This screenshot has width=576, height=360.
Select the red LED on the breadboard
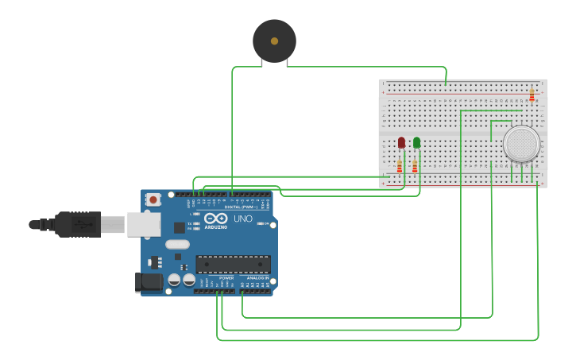[401, 142]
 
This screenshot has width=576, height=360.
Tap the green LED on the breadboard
[416, 142]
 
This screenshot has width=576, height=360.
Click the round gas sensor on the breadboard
[521, 144]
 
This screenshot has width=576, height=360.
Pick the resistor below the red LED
[400, 166]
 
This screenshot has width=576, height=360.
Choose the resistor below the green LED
[415, 166]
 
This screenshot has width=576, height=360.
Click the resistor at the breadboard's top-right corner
[532, 95]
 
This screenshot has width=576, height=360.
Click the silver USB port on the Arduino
[143, 225]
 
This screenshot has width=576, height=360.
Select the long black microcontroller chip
[233, 264]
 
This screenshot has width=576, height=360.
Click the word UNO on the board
[243, 219]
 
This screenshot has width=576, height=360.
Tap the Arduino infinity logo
[215, 218]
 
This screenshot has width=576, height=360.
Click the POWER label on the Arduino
[215, 278]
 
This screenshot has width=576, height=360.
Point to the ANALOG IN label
[257, 278]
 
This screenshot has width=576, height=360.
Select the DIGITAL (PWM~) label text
[242, 207]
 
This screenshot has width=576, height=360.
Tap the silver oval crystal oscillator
[178, 245]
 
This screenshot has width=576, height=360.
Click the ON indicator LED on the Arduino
[261, 224]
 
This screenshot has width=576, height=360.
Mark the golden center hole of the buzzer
[274, 41]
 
